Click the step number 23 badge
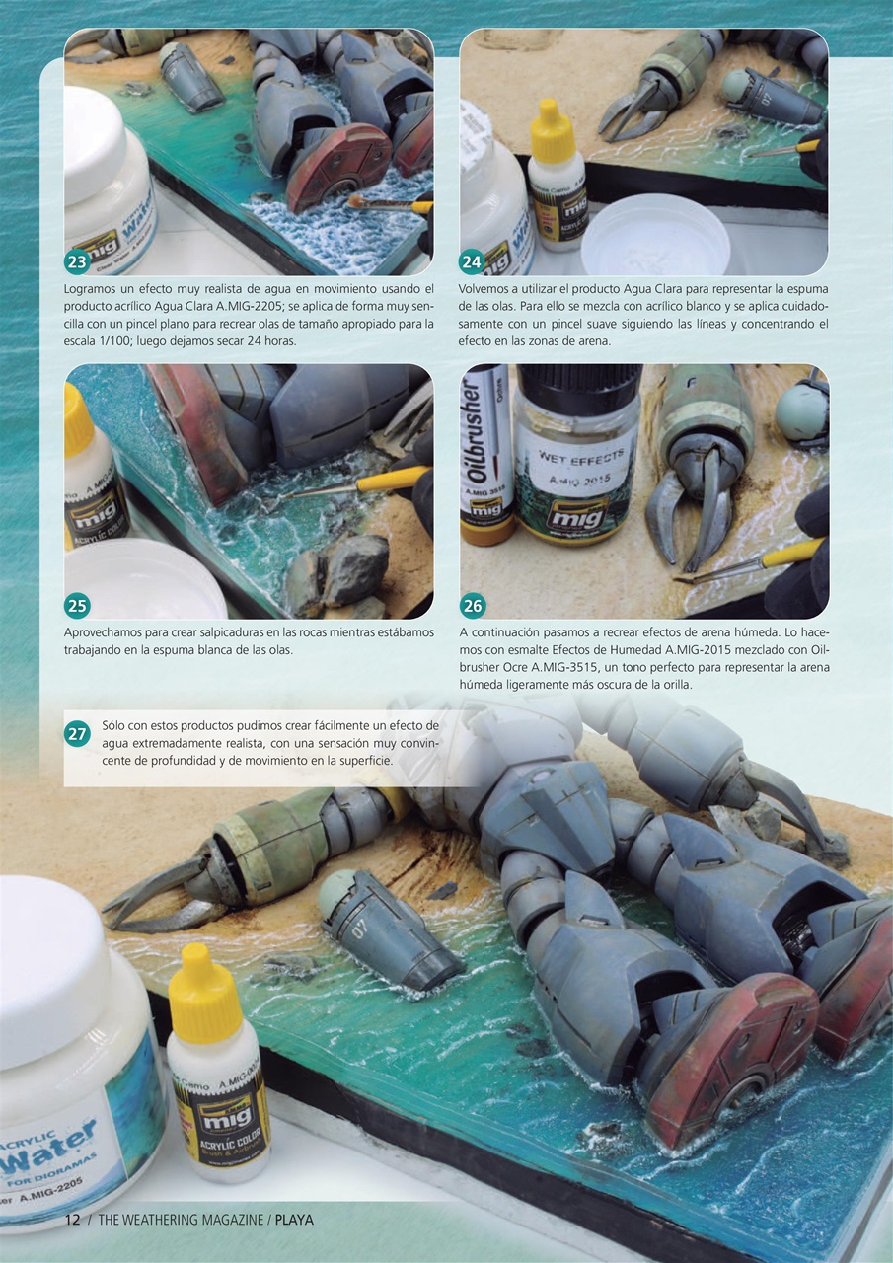(77, 262)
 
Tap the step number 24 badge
(472, 262)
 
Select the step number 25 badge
(77, 606)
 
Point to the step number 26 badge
(473, 606)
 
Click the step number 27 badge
(78, 733)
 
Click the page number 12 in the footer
(72, 1220)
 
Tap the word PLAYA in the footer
(294, 1220)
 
